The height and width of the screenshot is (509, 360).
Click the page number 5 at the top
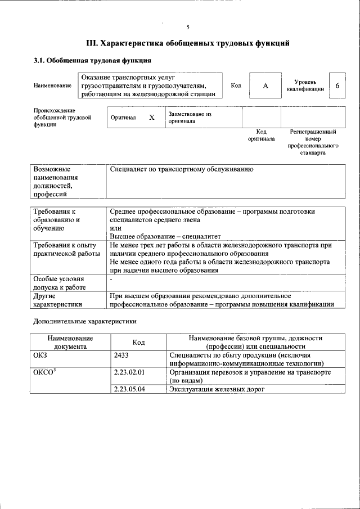pos(188,27)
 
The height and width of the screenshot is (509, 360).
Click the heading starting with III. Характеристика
pos(188,42)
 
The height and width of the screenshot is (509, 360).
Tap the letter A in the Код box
pos(265,85)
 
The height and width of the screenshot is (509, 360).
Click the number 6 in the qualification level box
pos(337,85)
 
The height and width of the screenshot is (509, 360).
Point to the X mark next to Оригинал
pos(151,118)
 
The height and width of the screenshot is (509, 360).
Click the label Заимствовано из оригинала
pos(189,117)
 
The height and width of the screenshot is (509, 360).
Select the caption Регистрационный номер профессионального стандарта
pos(313,142)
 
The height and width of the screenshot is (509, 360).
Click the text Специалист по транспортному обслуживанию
pos(182,169)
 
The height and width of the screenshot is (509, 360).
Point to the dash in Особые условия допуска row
pos(111,279)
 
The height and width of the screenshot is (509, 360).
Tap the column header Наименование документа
pos(70,343)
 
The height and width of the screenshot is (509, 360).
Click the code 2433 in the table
pos(121,355)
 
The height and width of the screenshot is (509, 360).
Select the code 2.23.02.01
pos(129,372)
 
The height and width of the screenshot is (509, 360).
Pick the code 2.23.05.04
pos(129,389)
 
